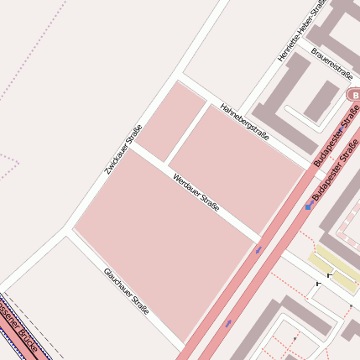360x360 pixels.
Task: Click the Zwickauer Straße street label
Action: click(123, 149)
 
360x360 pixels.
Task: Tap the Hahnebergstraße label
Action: click(244, 122)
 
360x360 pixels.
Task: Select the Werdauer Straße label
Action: click(196, 192)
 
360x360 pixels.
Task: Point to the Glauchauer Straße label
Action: click(126, 291)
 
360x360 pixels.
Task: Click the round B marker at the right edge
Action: click(352, 95)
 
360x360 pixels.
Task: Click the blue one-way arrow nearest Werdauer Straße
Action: click(258, 249)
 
